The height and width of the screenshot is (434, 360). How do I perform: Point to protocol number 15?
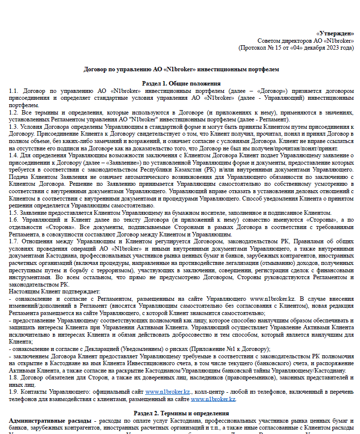[277, 48]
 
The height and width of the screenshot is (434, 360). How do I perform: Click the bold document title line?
[181, 69]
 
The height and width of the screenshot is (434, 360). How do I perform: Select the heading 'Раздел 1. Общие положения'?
[181, 84]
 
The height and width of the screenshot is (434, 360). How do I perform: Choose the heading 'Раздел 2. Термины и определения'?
[181, 414]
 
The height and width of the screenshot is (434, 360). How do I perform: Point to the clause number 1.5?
[14, 212]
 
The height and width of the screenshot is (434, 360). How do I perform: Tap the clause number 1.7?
[14, 241]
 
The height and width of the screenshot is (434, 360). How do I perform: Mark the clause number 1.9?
[14, 392]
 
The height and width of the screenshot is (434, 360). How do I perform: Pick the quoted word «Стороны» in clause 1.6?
[295, 220]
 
